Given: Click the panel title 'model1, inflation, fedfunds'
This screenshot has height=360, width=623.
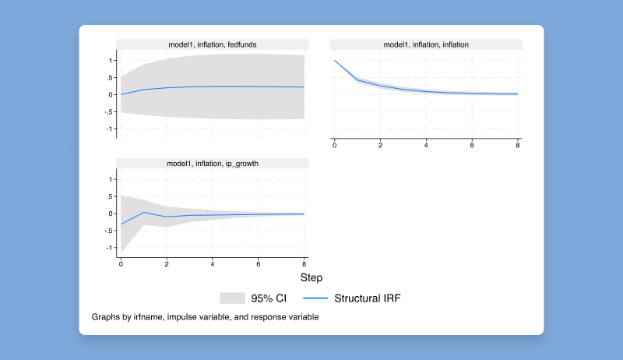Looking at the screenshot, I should click(212, 44).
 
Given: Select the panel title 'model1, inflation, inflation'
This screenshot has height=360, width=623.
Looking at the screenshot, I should click(426, 44).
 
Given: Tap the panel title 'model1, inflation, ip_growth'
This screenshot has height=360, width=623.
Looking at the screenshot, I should click(212, 164).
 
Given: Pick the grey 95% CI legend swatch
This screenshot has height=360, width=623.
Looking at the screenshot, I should click(232, 298).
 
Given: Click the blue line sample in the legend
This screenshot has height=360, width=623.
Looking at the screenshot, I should click(313, 298).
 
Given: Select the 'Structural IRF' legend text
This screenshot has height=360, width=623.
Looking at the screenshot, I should click(368, 298).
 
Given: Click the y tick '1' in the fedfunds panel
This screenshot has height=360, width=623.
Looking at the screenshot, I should click(112, 60).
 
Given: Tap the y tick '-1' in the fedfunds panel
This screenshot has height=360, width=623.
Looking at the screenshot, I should click(111, 129).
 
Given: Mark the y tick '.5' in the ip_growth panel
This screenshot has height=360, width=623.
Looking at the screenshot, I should click(111, 196).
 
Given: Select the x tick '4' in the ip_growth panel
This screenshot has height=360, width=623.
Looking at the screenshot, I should click(213, 265).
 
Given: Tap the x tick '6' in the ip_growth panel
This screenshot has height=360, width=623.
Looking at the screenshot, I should click(259, 265).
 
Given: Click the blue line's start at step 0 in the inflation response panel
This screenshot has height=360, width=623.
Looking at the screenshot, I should click(335, 61).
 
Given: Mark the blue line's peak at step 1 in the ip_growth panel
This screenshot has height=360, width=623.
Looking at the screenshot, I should click(144, 212).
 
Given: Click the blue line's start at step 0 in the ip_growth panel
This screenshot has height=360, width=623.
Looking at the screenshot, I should click(121, 224).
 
